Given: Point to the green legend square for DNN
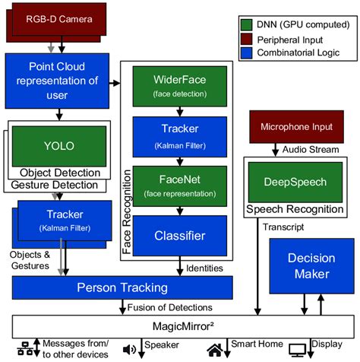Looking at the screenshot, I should click(247, 24).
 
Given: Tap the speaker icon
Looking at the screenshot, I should click(129, 349).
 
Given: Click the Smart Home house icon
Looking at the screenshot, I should click(216, 349).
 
